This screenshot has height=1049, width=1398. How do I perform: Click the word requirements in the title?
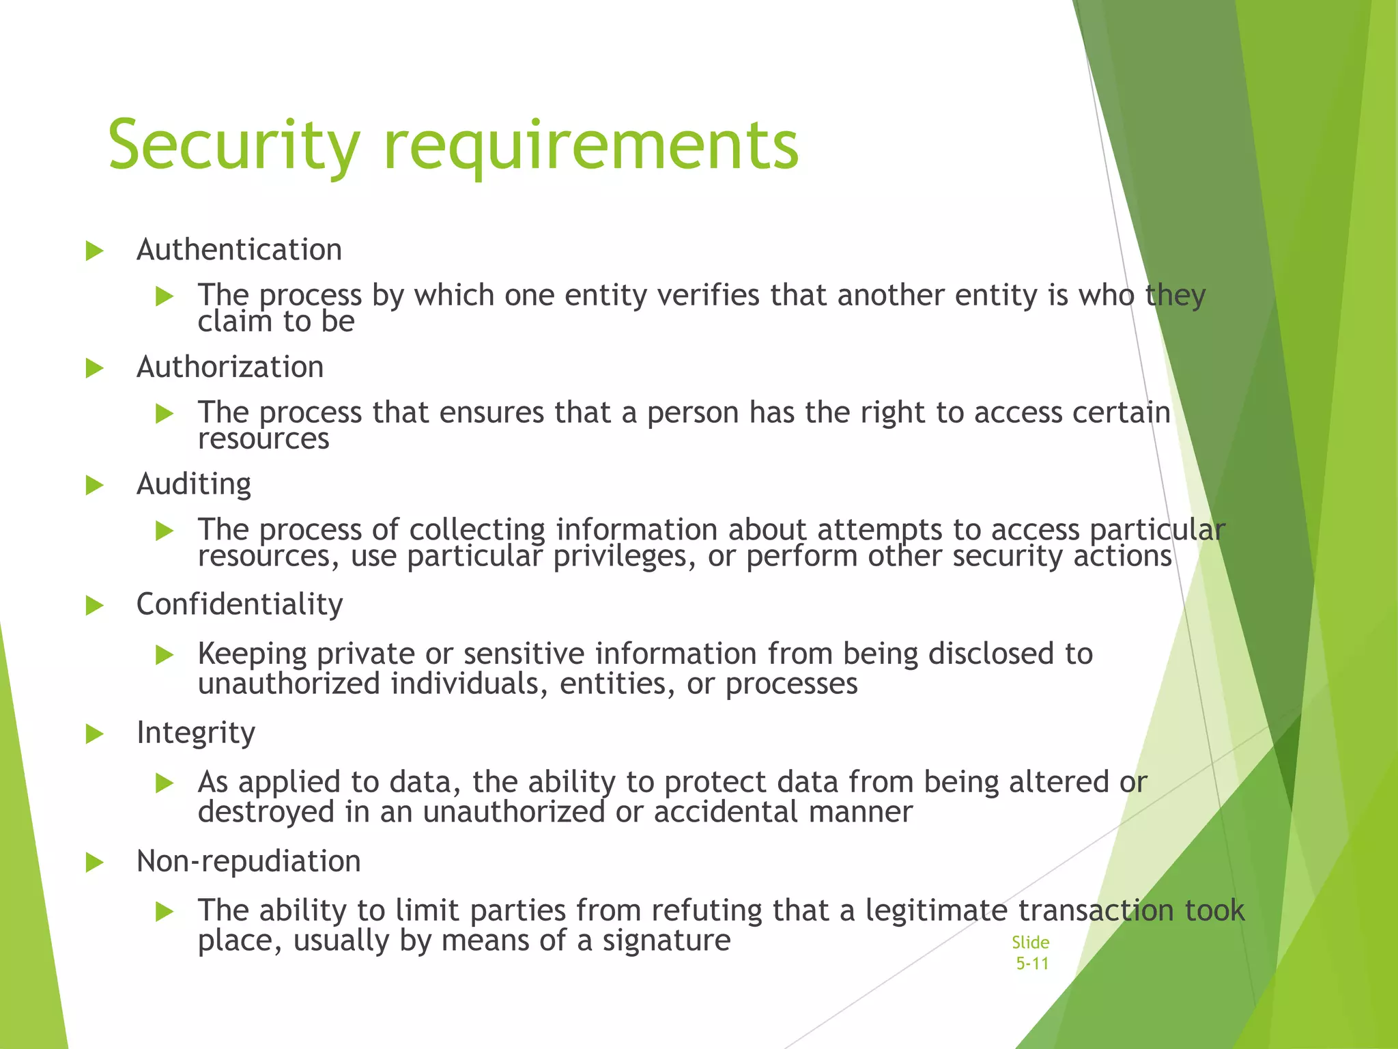click(591, 145)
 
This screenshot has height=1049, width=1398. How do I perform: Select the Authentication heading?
click(239, 250)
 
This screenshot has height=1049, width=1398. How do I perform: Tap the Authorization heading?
click(230, 367)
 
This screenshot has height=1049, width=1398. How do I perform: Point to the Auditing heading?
click(194, 485)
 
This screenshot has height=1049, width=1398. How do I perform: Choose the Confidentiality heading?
click(240, 604)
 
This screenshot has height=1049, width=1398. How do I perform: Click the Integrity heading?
click(196, 733)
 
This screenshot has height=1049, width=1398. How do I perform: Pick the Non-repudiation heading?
click(248, 861)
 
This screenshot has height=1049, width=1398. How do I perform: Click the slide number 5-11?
click(1031, 964)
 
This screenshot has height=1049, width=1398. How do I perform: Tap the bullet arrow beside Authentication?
click(94, 251)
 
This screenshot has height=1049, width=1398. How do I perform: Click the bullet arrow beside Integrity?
click(94, 734)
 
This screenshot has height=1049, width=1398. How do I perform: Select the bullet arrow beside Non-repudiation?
click(94, 863)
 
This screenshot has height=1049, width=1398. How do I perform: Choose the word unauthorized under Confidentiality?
click(289, 684)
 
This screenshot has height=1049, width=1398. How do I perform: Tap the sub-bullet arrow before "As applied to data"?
click(165, 783)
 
